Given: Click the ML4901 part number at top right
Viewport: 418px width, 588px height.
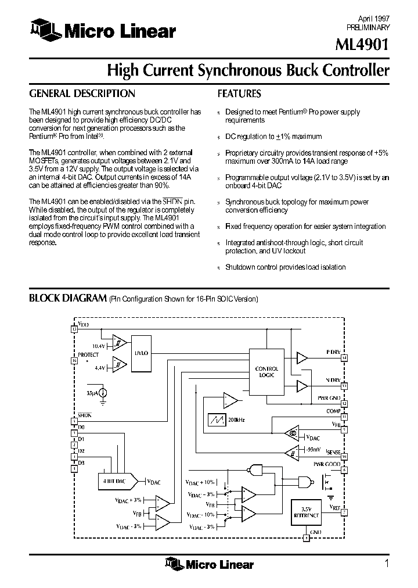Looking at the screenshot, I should pyautogui.click(x=363, y=45).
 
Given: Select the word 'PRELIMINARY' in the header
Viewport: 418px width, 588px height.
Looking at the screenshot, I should pyautogui.click(x=368, y=27).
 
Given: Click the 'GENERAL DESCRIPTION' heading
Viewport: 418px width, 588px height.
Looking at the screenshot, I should pyautogui.click(x=82, y=94).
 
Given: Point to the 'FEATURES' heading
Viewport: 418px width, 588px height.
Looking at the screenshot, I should pyautogui.click(x=239, y=94).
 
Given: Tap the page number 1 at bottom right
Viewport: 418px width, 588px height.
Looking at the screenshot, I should pyautogui.click(x=386, y=562).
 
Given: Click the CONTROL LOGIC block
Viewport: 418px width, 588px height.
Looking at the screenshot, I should pyautogui.click(x=266, y=372).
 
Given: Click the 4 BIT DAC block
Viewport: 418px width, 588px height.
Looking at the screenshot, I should pyautogui.click(x=114, y=482).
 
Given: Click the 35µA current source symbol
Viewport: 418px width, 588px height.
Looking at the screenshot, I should pyautogui.click(x=103, y=393).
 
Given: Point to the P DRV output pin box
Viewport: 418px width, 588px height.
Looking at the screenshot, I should pyautogui.click(x=344, y=358).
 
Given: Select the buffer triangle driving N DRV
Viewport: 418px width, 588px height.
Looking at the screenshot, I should pyautogui.click(x=302, y=386).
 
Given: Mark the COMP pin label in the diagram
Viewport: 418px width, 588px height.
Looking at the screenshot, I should pyautogui.click(x=334, y=411).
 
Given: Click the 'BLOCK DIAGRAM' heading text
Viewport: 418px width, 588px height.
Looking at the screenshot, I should pyautogui.click(x=67, y=299).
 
